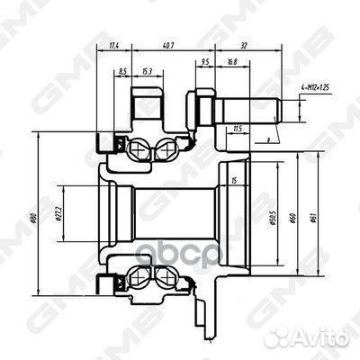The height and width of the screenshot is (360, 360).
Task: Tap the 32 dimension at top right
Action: (x=244, y=45)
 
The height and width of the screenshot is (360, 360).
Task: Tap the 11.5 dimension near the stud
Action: (x=236, y=129)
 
